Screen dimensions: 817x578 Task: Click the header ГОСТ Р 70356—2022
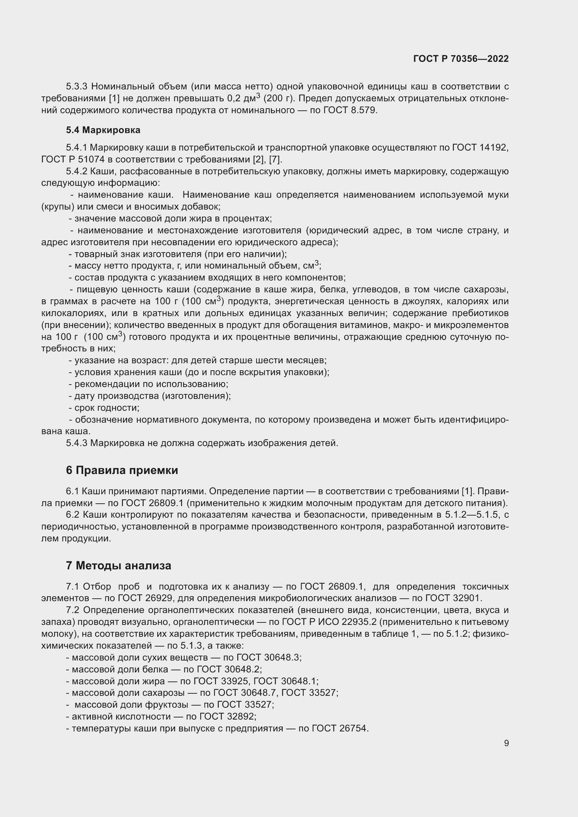[461, 59]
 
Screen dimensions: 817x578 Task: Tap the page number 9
[506, 743]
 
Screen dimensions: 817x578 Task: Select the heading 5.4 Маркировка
[103, 130]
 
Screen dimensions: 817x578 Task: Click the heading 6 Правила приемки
[122, 470]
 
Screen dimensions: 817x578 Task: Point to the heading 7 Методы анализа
[118, 566]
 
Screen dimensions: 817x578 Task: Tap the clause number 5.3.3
[76, 87]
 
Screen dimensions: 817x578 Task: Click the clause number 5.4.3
[76, 443]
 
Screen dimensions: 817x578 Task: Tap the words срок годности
[107, 408]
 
